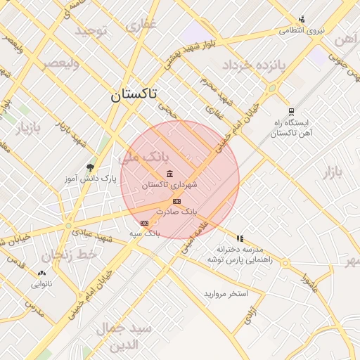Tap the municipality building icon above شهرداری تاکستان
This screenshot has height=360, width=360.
[x=169, y=174]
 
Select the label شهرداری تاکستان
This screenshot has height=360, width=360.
[x=169, y=185]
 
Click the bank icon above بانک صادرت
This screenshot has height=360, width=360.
[x=176, y=201]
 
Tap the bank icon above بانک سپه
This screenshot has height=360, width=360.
[x=145, y=223]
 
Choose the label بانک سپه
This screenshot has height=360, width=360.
[x=145, y=233]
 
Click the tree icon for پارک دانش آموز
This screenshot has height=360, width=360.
[x=90, y=167]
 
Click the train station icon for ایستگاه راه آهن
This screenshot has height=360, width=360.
[x=291, y=112]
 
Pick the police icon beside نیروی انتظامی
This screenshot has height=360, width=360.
[x=302, y=19]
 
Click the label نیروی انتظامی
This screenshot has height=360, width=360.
[x=302, y=30]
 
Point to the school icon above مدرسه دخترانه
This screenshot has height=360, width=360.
[x=240, y=239]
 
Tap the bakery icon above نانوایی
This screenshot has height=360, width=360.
[x=41, y=273]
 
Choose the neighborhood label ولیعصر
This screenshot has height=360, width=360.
[x=61, y=64]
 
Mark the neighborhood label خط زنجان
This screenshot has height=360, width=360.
[x=68, y=255]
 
